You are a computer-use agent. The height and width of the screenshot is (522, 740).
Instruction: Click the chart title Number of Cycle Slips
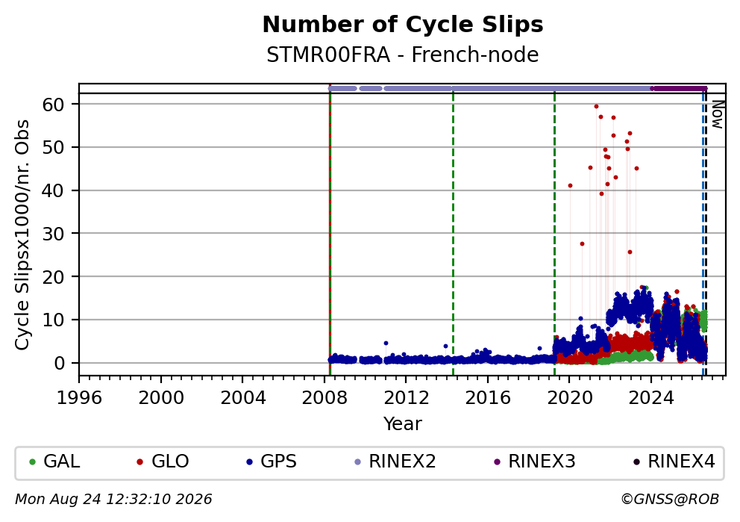(403, 25)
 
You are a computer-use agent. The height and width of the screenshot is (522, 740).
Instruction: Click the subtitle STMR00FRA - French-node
(403, 55)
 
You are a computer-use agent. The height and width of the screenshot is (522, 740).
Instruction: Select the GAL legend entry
(54, 461)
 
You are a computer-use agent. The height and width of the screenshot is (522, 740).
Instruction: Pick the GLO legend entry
(163, 461)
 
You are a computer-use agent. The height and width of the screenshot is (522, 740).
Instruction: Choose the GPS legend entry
(272, 461)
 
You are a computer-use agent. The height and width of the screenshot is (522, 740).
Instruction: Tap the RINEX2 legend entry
(395, 461)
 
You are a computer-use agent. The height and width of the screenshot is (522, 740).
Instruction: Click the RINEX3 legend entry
(535, 461)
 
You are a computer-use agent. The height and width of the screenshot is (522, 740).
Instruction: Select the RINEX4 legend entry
(674, 461)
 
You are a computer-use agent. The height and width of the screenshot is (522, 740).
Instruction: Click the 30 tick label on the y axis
(53, 233)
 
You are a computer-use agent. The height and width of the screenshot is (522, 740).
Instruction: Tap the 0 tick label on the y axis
(60, 363)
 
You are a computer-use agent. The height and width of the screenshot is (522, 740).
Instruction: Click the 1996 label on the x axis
(79, 398)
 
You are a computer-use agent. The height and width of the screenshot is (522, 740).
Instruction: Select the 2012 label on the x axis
(407, 398)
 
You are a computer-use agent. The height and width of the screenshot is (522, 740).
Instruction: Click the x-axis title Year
(403, 423)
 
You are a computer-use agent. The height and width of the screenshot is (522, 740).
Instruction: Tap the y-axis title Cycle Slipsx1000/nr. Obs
(22, 234)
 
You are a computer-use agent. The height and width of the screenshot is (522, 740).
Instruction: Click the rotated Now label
(718, 114)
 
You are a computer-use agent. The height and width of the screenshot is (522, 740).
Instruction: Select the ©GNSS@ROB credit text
(670, 500)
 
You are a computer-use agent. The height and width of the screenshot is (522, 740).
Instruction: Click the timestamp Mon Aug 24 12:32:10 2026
(113, 500)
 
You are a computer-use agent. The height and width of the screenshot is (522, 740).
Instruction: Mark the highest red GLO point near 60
(596, 106)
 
